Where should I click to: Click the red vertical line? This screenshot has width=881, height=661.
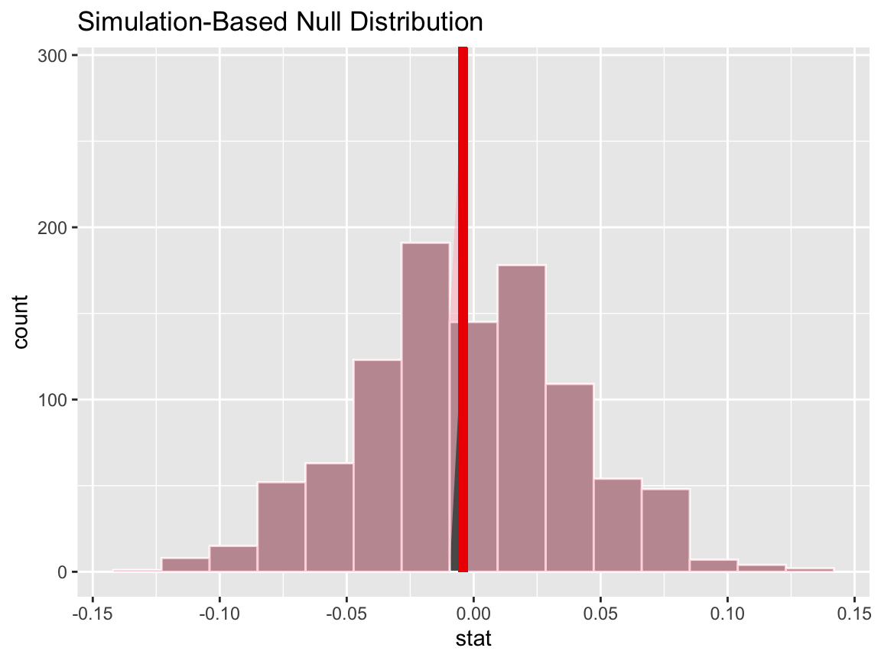coord(463,306)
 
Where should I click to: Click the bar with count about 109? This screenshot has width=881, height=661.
coord(569,477)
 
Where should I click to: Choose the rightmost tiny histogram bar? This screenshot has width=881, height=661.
coord(810,570)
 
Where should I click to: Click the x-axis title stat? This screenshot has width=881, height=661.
coord(473,637)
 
